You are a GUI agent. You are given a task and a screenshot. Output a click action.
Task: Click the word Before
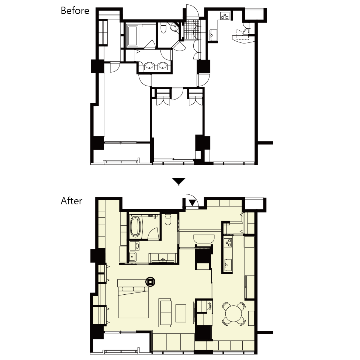coord(75,11)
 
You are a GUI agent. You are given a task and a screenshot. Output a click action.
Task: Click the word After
coord(72,201)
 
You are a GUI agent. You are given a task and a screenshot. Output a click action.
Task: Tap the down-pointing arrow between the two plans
coord(179,181)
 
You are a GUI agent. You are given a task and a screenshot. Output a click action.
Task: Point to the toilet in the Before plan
coord(163,28)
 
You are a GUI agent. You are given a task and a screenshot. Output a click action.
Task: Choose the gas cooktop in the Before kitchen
coord(225,16)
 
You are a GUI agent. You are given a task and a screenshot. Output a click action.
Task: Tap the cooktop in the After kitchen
coord(228,243)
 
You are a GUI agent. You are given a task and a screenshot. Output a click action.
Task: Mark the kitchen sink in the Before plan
coord(213,35)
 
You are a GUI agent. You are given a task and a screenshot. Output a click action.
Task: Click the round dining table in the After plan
coord(233,314)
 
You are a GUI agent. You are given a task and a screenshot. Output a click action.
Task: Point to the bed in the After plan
coord(133,299)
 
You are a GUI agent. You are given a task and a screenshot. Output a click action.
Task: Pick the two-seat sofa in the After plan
coord(165,313)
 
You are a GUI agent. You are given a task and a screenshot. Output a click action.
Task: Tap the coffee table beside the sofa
coord(181,313)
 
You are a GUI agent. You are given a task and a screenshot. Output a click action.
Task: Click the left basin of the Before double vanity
coord(149,66)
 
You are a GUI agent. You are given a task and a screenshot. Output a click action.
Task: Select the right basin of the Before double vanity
coord(163,66)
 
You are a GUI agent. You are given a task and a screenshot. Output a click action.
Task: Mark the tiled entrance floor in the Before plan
coord(192,30)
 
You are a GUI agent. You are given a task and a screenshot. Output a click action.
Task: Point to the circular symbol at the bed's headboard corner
coord(150,281)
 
